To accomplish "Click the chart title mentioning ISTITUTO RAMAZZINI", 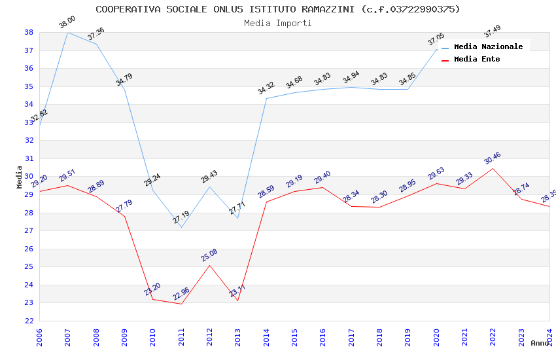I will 277,9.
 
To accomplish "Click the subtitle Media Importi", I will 277,23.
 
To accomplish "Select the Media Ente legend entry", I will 477,59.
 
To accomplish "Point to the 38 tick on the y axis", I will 29,32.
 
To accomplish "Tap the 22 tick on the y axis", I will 29,321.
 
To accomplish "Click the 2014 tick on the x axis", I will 266,337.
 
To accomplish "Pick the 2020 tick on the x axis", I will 436,337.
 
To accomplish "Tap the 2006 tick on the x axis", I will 39,337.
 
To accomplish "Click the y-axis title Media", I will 20,177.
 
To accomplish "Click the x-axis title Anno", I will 540,343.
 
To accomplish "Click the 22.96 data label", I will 181,294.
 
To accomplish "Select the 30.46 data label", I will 493,158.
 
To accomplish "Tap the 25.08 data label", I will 209,255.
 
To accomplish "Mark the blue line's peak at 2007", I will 67,32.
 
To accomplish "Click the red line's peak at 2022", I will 493,168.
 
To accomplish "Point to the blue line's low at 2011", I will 181,227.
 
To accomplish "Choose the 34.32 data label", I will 266,88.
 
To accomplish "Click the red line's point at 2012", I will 209,265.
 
